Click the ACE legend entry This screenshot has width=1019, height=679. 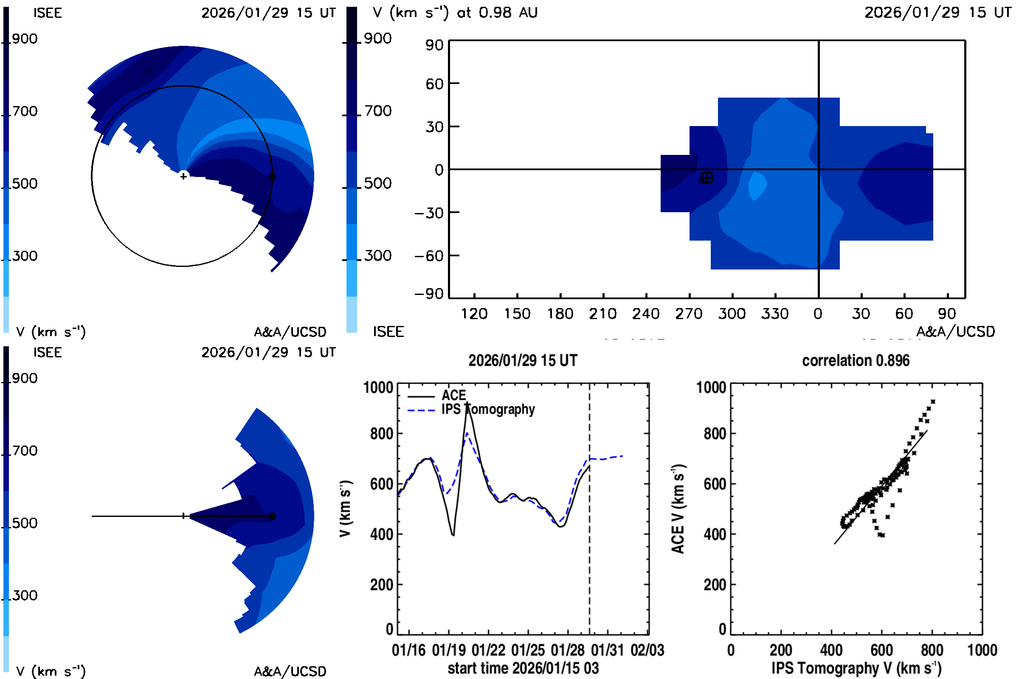click(x=453, y=396)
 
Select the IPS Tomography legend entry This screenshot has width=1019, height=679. click(x=487, y=410)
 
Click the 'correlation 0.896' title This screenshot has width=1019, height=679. click(x=856, y=361)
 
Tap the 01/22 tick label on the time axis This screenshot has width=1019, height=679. click(x=488, y=651)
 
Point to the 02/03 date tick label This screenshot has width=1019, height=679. click(x=647, y=651)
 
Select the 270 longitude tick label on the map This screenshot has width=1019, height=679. click(x=689, y=314)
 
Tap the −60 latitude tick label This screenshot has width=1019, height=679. click(x=429, y=256)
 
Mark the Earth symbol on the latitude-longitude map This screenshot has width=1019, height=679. click(x=707, y=178)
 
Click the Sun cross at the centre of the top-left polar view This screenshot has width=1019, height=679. click(x=184, y=176)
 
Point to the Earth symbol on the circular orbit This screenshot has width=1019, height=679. click(x=272, y=177)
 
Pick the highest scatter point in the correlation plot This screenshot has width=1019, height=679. click(x=933, y=402)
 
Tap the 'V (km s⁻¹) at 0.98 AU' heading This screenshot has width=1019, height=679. click(x=455, y=13)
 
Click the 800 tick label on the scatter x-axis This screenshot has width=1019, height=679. click(x=932, y=651)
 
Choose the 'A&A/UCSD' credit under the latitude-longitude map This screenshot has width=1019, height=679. click(x=955, y=332)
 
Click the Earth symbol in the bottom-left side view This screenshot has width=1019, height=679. click(x=272, y=516)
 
